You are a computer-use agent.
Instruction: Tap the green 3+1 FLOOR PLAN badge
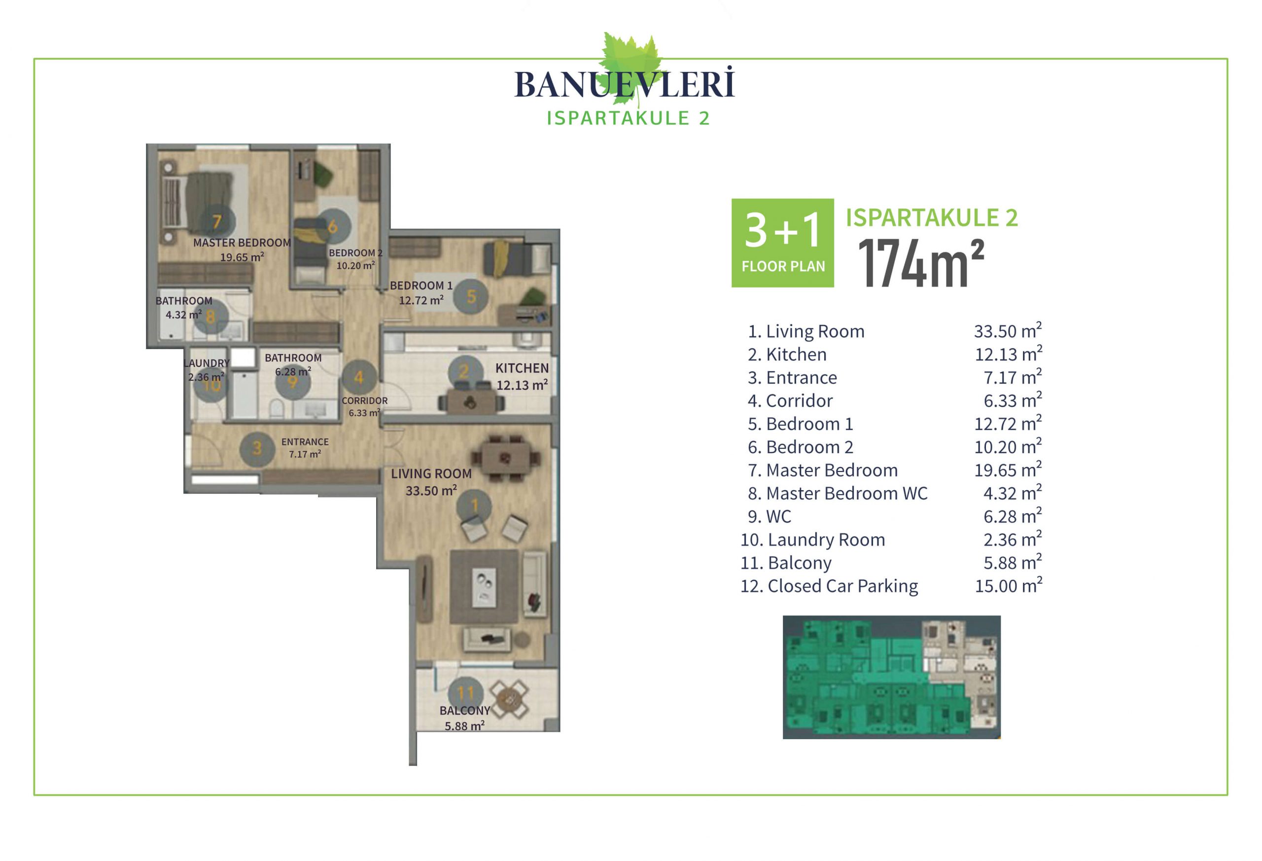(782, 243)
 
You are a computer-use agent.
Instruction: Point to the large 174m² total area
(921, 263)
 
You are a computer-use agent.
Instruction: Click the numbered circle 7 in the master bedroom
(217, 221)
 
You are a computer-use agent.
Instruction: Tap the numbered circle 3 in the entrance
(257, 448)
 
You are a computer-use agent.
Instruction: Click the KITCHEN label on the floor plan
(522, 368)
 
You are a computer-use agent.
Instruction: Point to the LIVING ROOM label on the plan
(431, 474)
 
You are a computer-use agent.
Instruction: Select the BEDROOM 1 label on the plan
(421, 286)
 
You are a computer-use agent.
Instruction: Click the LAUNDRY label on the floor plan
(207, 363)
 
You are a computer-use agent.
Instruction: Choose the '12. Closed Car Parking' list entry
(829, 586)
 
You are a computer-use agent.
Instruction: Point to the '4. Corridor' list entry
(790, 401)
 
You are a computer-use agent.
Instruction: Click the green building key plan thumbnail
(891, 677)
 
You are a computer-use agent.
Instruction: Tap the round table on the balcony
(509, 699)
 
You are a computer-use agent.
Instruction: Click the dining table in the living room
(505, 458)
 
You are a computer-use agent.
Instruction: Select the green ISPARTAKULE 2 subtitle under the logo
(628, 118)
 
